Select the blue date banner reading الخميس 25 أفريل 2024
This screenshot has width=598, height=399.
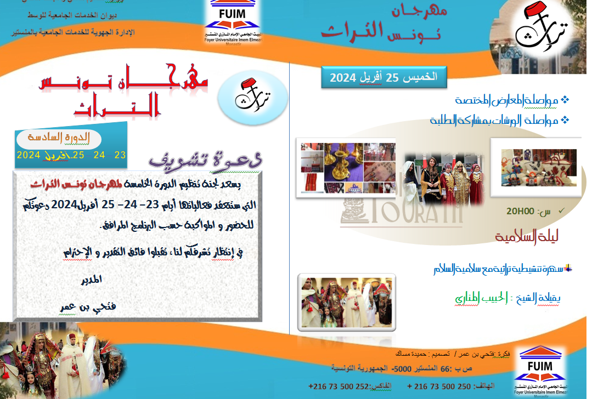point(383,77)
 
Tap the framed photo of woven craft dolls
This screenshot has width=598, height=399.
point(539,168)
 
